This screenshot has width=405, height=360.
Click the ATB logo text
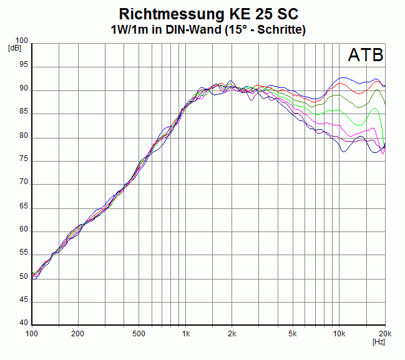[x=365, y=56]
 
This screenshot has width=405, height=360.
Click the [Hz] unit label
[x=378, y=341]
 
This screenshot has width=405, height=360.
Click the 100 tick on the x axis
[x=32, y=333]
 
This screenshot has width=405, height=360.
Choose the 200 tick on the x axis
[x=78, y=333]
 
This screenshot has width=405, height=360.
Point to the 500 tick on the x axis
[x=139, y=333]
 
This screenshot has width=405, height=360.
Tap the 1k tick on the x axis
[x=185, y=333]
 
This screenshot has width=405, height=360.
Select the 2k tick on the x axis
[x=232, y=333]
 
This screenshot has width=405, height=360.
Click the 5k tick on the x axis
[x=292, y=333]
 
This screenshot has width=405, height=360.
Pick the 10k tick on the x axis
[x=338, y=333]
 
